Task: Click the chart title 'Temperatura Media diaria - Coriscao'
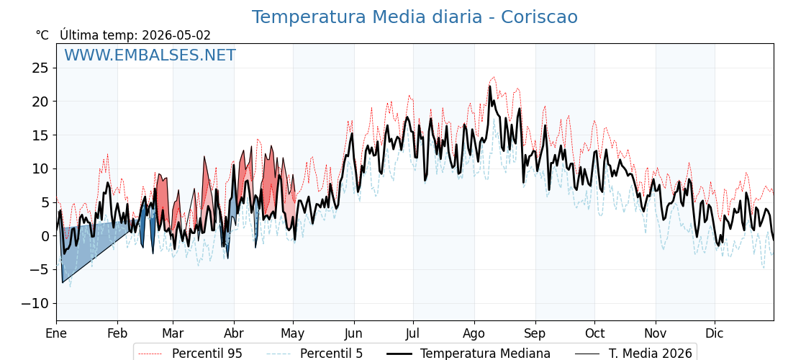[415, 17]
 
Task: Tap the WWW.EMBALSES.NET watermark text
[150, 55]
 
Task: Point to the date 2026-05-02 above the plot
[176, 35]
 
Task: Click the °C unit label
[42, 35]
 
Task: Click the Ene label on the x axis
[56, 333]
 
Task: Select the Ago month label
[474, 333]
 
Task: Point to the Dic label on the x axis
[714, 333]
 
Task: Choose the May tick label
[293, 333]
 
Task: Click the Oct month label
[594, 333]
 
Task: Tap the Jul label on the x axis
[413, 333]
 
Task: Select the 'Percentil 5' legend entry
[314, 354]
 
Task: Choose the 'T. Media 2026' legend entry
[633, 354]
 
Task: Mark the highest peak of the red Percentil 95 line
[494, 77]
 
